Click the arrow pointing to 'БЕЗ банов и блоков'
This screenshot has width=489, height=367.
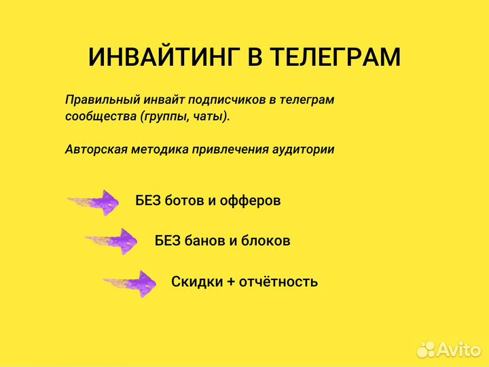[112, 241]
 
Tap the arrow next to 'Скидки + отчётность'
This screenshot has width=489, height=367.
[130, 282]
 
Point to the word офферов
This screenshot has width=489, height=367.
[253, 201]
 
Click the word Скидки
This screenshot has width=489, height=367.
[194, 281]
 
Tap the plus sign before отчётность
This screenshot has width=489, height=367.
[230, 282]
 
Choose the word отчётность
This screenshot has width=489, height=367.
[278, 281]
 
